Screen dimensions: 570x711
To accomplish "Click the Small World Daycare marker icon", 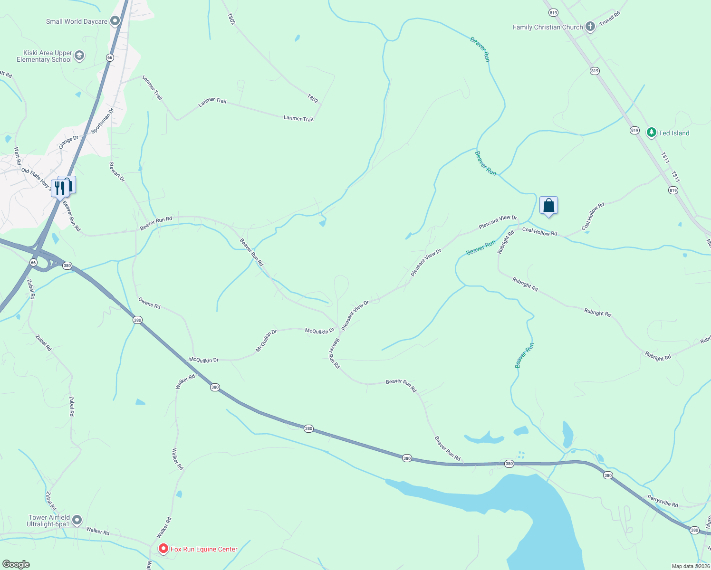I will click(x=115, y=21).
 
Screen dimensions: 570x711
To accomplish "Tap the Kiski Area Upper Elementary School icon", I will click(x=79, y=56).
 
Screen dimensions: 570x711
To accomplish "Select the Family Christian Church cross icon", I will click(x=590, y=27).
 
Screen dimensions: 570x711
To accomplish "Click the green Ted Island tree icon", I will click(x=651, y=133).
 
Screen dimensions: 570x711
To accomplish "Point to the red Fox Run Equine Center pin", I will click(x=163, y=549).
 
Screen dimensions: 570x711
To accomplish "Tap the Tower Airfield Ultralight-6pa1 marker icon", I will click(x=77, y=521).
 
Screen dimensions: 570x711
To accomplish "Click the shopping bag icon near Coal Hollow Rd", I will click(x=548, y=206).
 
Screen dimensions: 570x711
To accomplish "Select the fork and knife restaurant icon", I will click(x=59, y=188).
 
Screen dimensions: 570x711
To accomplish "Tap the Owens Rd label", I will click(x=149, y=303).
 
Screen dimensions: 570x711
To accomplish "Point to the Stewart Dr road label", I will click(x=117, y=172).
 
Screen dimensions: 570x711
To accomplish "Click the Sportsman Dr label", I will click(x=103, y=121).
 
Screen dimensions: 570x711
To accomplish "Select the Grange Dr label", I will click(x=68, y=142).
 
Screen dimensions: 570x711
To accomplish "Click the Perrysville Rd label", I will click(x=663, y=501).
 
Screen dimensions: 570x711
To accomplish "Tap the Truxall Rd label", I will click(x=610, y=19).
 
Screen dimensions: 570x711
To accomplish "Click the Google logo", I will click(x=16, y=564).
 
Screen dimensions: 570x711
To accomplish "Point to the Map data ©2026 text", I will click(x=691, y=566).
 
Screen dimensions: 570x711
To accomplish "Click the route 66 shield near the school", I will click(x=110, y=57).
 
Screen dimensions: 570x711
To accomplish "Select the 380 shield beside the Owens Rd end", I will click(x=137, y=320).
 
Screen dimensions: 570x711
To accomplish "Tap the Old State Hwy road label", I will click(x=36, y=177).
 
